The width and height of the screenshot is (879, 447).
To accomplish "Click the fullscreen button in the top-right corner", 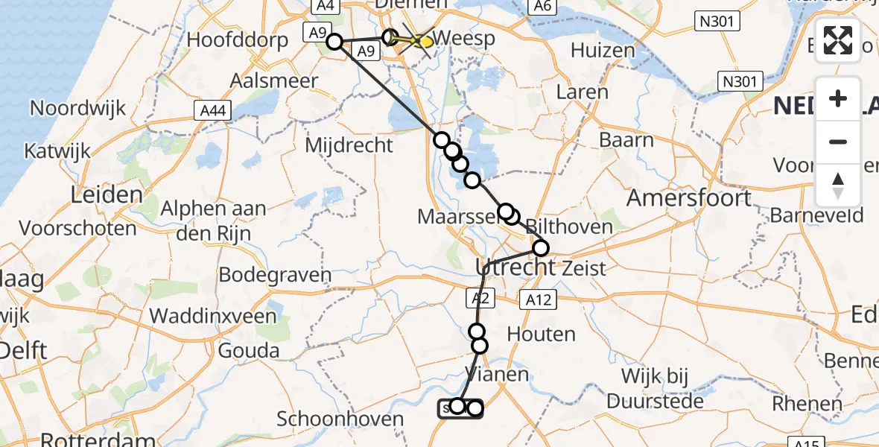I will (x=838, y=40).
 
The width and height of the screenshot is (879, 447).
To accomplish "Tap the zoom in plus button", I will (x=838, y=98).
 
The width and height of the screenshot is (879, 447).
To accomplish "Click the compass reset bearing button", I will (x=838, y=186).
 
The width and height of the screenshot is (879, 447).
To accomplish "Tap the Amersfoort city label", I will (x=689, y=198).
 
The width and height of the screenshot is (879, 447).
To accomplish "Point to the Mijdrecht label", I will (x=349, y=144).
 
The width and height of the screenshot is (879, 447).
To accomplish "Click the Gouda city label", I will (x=248, y=350).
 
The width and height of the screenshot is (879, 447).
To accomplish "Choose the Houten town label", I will (x=541, y=334).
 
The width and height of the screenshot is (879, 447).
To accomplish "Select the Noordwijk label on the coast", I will (x=77, y=108).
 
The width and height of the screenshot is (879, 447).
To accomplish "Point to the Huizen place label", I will (x=603, y=51).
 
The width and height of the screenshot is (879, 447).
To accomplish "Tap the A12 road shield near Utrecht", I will (x=538, y=299).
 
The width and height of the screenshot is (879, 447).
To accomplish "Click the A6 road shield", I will (x=542, y=7).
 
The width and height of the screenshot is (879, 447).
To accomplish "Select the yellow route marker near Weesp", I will (x=425, y=42).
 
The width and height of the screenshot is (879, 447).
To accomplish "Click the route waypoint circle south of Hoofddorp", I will (x=334, y=42).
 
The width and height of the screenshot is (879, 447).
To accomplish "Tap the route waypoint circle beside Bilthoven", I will (x=540, y=248).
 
